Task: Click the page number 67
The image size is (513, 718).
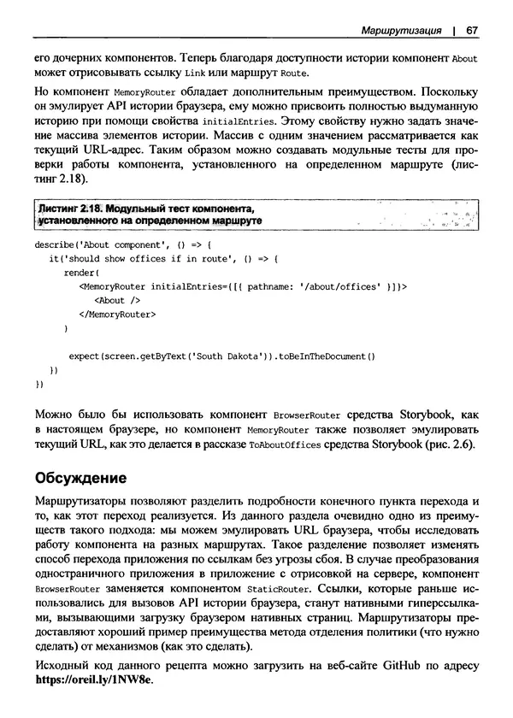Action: [471, 31]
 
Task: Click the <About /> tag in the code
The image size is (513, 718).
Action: [116, 301]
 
